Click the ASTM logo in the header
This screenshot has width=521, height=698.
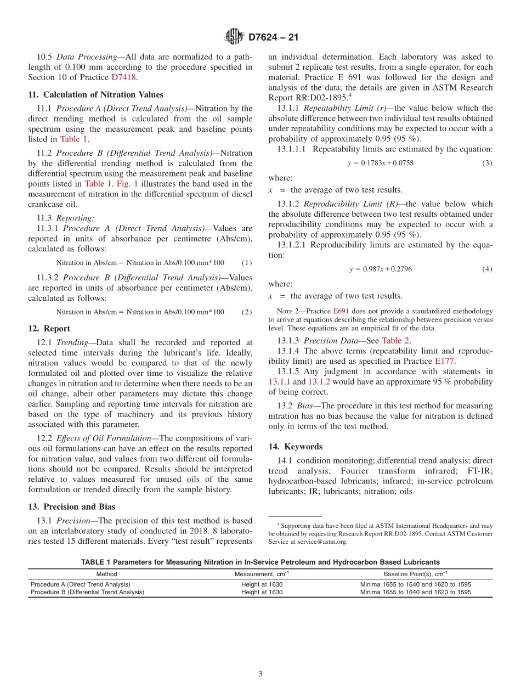(234, 37)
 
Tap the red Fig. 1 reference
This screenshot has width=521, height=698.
(127, 184)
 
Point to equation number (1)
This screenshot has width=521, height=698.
(247, 263)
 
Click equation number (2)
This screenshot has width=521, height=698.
(247, 312)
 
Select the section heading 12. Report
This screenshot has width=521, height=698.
(49, 329)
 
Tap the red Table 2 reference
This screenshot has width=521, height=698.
(395, 340)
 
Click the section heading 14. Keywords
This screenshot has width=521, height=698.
(295, 447)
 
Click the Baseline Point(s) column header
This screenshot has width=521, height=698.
(415, 573)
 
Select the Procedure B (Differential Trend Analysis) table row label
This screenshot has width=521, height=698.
(87, 592)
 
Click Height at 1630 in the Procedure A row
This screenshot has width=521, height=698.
(262, 584)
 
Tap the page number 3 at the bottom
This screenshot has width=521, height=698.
(260, 674)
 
